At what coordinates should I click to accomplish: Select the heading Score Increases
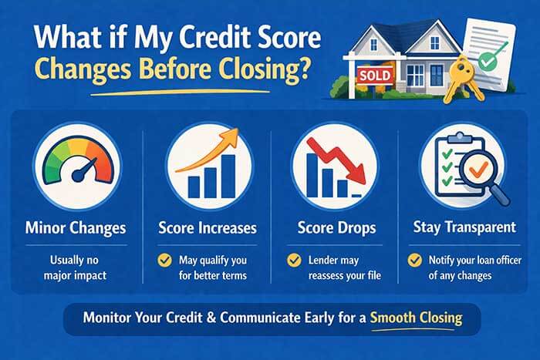point(207,228)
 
